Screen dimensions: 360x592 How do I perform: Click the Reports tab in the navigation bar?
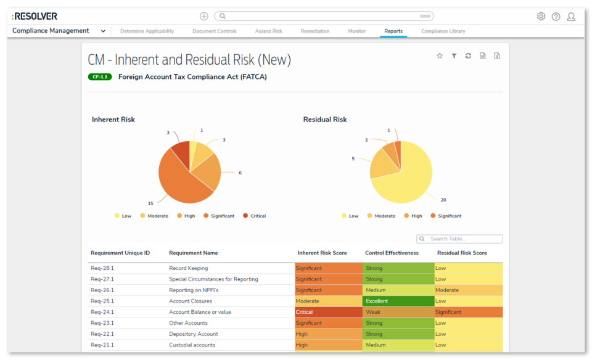pyautogui.click(x=393, y=31)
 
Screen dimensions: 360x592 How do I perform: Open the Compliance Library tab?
pyautogui.click(x=443, y=31)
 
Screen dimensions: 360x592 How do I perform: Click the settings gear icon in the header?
pyautogui.click(x=541, y=17)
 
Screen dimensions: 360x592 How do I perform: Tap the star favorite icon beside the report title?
pyautogui.click(x=440, y=56)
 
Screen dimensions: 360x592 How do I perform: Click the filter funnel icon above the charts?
pyautogui.click(x=454, y=56)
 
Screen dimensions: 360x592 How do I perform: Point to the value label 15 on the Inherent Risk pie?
pyautogui.click(x=150, y=203)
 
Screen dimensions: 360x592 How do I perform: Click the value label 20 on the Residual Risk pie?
pyautogui.click(x=443, y=200)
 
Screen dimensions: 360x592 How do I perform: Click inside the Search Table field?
pyautogui.click(x=462, y=239)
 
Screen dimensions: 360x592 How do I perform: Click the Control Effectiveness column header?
pyautogui.click(x=392, y=253)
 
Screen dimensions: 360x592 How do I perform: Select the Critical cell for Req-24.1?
pyautogui.click(x=328, y=312)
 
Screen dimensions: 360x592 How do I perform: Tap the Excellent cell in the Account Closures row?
pyautogui.click(x=398, y=301)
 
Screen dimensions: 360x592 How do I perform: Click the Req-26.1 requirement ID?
pyautogui.click(x=102, y=290)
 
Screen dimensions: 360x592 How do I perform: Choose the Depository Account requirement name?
pyautogui.click(x=193, y=334)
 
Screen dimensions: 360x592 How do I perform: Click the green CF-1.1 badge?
pyautogui.click(x=99, y=77)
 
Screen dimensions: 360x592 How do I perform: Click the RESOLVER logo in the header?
pyautogui.click(x=35, y=16)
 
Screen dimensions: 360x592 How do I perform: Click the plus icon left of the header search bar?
pyautogui.click(x=204, y=17)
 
